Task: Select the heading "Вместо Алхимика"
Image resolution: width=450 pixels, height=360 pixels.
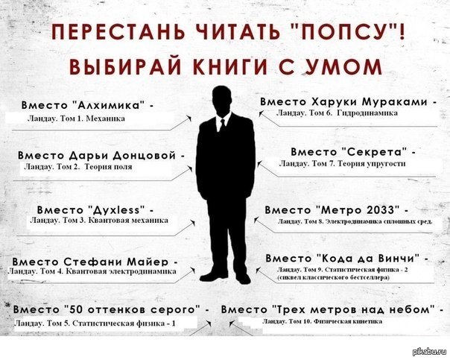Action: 87,105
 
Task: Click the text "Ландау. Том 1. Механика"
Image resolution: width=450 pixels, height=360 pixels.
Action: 76,119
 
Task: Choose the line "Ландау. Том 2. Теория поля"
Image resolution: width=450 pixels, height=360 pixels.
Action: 78,166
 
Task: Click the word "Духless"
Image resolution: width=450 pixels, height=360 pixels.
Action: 116,210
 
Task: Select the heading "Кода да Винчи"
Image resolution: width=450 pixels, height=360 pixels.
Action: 370,258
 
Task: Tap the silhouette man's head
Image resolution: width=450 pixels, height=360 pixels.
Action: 222,101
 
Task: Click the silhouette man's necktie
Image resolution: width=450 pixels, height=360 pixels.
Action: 223,126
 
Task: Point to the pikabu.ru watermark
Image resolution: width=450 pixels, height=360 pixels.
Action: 430,352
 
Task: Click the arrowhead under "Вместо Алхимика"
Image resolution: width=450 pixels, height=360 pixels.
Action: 189,118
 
